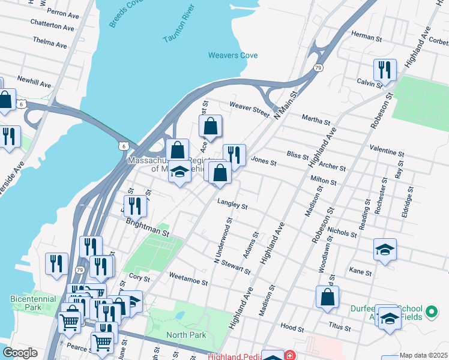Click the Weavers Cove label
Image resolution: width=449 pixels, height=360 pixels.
click(233, 55)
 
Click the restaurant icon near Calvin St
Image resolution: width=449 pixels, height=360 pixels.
click(385, 70)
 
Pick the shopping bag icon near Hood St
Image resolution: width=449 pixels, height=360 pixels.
click(327, 297)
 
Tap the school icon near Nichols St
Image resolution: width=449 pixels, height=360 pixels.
click(385, 249)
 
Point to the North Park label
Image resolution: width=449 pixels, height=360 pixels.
click(186, 335)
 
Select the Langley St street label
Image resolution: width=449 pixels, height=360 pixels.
click(233, 205)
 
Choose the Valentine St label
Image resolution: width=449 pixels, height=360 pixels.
click(387, 150)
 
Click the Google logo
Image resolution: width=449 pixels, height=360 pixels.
click(20, 353)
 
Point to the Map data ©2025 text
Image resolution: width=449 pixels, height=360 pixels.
click(423, 355)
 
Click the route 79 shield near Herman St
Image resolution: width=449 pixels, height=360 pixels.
click(318, 68)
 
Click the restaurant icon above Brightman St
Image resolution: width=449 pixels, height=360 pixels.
click(135, 206)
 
